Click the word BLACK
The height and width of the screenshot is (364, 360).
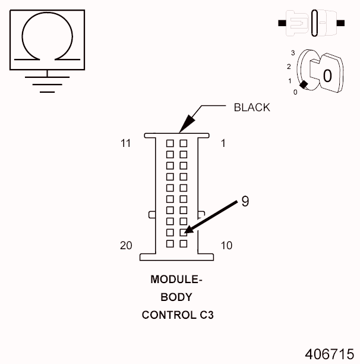pyautogui.click(x=251, y=108)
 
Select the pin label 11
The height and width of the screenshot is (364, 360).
pyautogui.click(x=125, y=143)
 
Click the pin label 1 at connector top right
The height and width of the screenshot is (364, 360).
pyautogui.click(x=223, y=143)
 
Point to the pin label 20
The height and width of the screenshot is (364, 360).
pyautogui.click(x=125, y=245)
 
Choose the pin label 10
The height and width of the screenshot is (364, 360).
pyautogui.click(x=226, y=245)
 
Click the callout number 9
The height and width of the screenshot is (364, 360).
pyautogui.click(x=245, y=202)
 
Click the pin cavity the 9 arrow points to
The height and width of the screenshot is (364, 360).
pyautogui.click(x=184, y=233)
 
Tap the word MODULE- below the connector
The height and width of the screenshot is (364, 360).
pyautogui.click(x=176, y=279)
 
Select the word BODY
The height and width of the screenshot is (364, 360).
pyautogui.click(x=176, y=297)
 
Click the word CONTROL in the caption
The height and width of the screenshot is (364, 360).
pyautogui.click(x=165, y=315)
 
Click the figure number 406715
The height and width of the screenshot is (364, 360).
pyautogui.click(x=330, y=353)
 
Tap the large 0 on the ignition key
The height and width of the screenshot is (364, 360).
pyautogui.click(x=327, y=76)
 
